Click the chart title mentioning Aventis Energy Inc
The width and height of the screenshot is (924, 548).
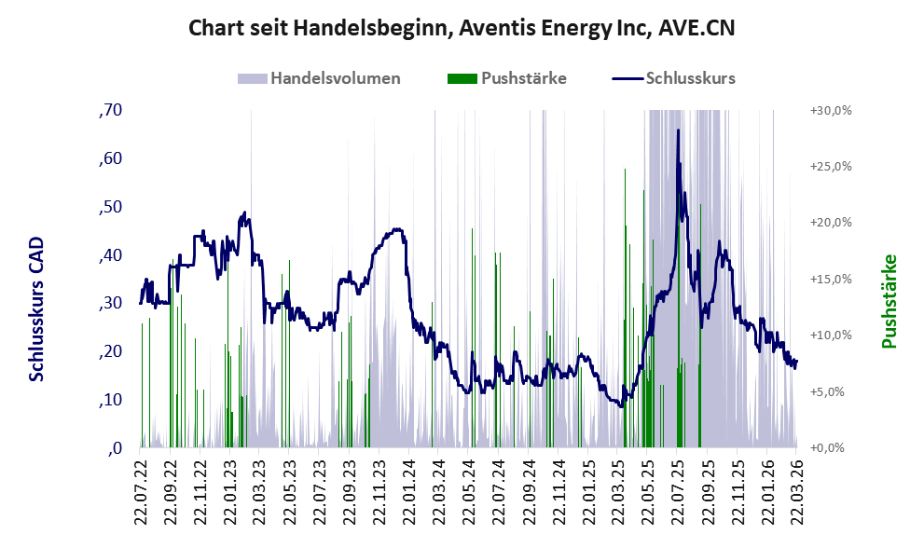(x=462, y=28)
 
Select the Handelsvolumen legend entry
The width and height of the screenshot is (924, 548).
(x=335, y=78)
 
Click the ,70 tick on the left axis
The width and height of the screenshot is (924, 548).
(x=110, y=111)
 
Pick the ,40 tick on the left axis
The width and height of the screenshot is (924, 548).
(x=110, y=255)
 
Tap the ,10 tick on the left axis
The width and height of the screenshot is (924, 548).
(x=110, y=400)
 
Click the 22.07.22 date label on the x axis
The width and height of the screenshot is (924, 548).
(x=142, y=489)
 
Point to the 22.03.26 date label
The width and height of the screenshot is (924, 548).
(x=797, y=489)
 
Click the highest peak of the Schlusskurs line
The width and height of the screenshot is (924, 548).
(x=678, y=130)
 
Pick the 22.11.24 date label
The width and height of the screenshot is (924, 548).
(x=559, y=489)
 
